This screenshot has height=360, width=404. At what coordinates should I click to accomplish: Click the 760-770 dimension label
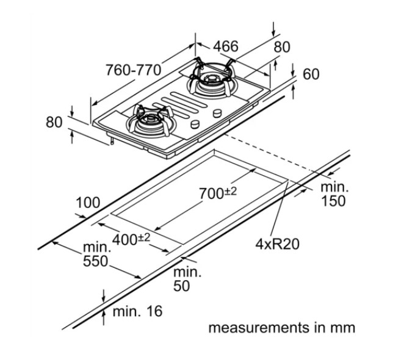point(134,70)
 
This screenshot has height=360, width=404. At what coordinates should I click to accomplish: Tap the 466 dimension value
point(226,46)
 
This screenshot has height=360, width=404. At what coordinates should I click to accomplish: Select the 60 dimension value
point(311,74)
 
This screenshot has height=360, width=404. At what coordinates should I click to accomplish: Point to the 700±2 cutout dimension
point(218,193)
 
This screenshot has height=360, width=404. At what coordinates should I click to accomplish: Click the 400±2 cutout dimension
point(131,239)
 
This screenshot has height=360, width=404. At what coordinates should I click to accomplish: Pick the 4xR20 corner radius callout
point(277,243)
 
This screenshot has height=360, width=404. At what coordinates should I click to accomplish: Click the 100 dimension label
point(88,203)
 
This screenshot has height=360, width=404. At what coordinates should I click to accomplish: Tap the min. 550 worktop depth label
point(96,254)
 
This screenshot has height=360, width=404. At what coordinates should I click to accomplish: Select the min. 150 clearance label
point(334,194)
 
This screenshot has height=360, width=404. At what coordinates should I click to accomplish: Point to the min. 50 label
point(187,279)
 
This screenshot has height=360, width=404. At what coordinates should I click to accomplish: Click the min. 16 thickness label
point(137,311)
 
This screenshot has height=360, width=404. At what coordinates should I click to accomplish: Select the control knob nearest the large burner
point(217,113)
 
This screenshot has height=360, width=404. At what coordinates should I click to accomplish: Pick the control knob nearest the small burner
point(195,124)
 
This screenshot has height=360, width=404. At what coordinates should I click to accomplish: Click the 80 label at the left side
point(54,122)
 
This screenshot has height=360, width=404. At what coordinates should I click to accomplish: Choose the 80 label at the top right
point(282,47)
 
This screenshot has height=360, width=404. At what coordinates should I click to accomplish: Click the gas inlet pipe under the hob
point(112,140)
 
